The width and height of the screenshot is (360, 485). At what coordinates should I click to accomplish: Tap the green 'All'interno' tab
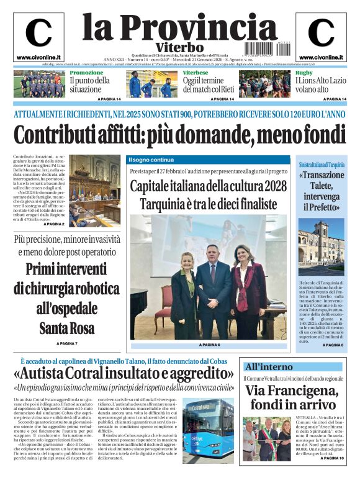click(269, 366)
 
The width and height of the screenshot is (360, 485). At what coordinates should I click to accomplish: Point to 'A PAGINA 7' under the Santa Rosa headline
click(67, 343)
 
